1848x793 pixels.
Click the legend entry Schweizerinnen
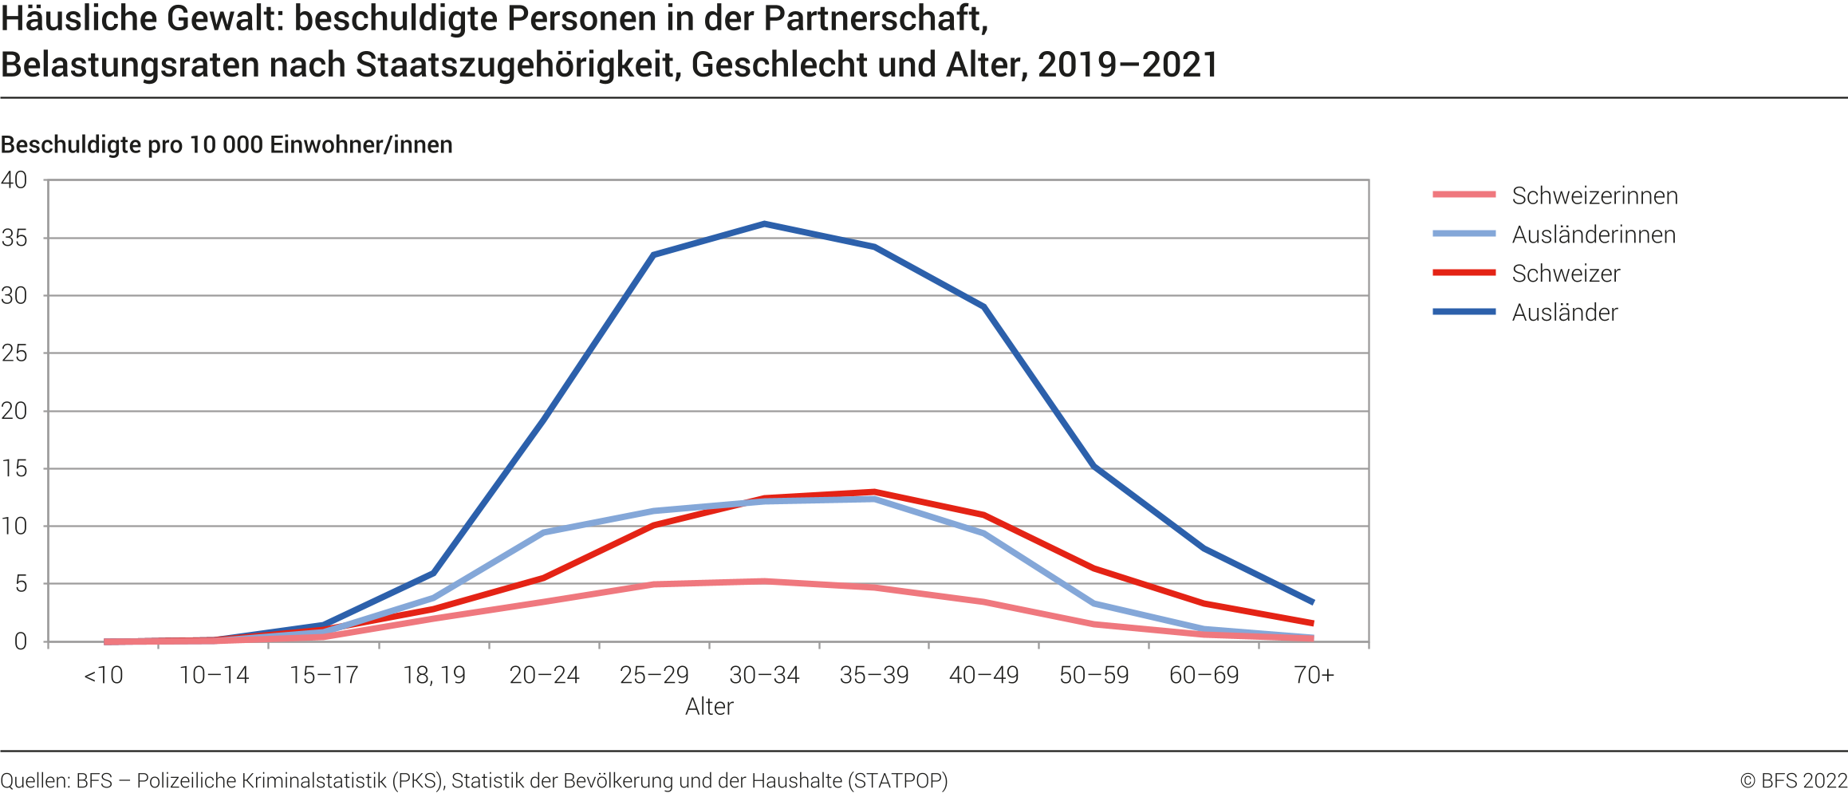[1594, 195]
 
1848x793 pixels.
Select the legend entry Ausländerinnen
[1593, 235]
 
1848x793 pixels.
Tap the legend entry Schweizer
[1566, 274]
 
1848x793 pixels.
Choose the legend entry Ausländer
[1564, 313]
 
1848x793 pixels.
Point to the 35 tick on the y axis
[14, 238]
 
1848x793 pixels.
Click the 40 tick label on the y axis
[14, 180]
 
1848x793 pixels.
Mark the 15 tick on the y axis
[14, 468]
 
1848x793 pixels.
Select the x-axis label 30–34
[764, 676]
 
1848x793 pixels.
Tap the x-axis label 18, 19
[434, 676]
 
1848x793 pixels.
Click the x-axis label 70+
[1314, 676]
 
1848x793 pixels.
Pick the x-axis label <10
[104, 676]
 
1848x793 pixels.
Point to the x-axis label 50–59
[1093, 676]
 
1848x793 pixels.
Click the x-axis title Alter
[709, 707]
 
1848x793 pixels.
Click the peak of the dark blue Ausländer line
[764, 223]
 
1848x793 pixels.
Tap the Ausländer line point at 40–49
[984, 306]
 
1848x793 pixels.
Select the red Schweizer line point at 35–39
[874, 491]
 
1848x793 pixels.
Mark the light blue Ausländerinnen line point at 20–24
[544, 532]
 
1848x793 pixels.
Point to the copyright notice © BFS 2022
[1793, 780]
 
